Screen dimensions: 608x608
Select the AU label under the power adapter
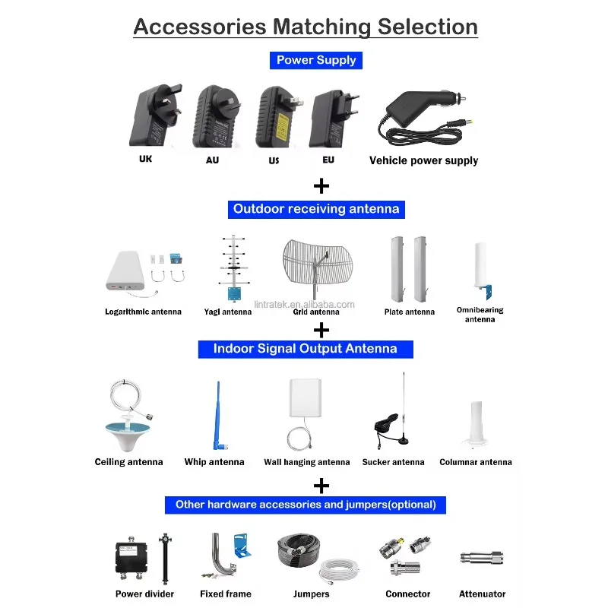212,160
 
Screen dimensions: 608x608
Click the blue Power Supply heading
315,60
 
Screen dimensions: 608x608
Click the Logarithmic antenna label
143,312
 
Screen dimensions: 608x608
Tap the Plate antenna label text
409,312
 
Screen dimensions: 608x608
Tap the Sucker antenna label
393,462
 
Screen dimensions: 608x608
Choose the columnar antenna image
476,424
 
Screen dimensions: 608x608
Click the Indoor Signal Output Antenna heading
306,349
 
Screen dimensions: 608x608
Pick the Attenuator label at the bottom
482,594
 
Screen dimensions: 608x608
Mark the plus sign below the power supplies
321,185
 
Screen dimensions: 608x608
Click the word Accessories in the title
200,27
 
